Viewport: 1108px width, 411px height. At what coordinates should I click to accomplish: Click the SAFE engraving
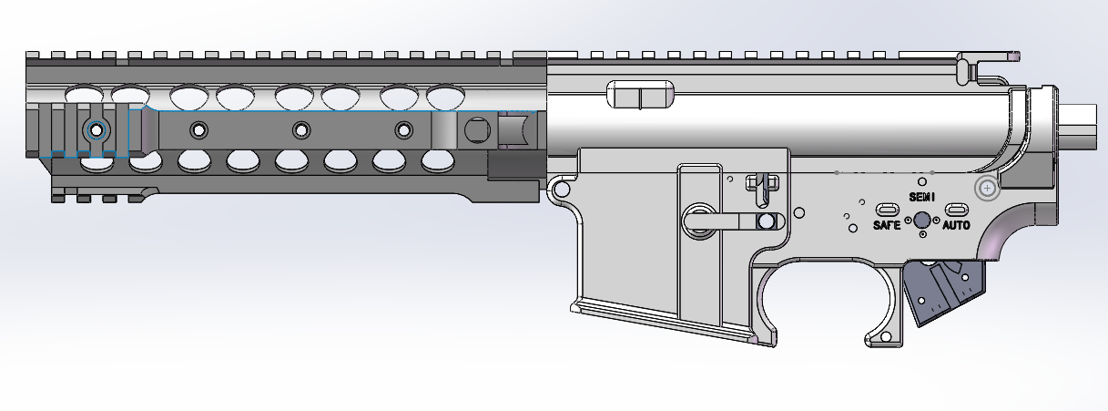pyautogui.click(x=887, y=225)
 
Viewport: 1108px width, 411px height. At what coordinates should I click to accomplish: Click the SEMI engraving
pyautogui.click(x=921, y=197)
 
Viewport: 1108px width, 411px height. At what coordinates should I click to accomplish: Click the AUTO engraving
pyautogui.click(x=955, y=225)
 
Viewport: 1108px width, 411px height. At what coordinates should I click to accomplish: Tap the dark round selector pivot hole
pyautogui.click(x=921, y=220)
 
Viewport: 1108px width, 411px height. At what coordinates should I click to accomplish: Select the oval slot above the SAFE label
pyautogui.click(x=888, y=209)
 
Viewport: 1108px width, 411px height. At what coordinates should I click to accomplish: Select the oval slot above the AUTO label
pyautogui.click(x=955, y=209)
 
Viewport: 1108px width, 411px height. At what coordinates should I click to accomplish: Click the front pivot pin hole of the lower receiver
pyautogui.click(x=561, y=190)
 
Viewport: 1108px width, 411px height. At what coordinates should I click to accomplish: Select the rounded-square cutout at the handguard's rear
pyautogui.click(x=476, y=130)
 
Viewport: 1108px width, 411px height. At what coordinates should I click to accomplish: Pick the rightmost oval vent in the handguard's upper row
pyautogui.click(x=445, y=94)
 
